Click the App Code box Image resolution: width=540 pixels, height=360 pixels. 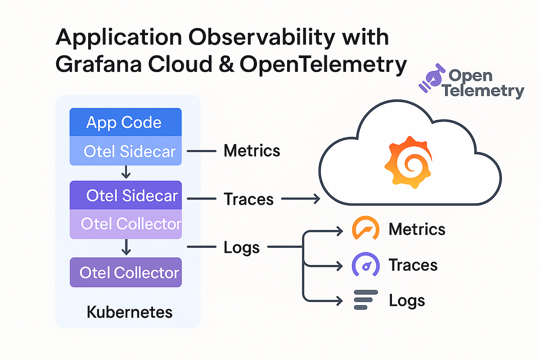[x=125, y=122]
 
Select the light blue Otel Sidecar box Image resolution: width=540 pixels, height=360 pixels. [x=125, y=151]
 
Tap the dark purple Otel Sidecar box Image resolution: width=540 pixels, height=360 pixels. [x=125, y=195]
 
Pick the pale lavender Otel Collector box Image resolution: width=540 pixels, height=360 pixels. [x=125, y=224]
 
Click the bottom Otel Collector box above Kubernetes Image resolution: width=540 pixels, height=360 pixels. [x=125, y=272]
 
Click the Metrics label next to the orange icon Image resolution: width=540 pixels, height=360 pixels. [x=417, y=229]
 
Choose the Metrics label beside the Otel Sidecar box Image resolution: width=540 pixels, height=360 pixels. [x=252, y=151]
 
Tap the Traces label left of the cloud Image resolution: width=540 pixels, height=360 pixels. [x=248, y=198]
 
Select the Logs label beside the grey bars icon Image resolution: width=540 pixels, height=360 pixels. [x=407, y=300]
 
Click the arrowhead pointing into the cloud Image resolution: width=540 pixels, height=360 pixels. [x=315, y=198]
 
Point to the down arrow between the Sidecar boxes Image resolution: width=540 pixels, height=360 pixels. [x=126, y=171]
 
